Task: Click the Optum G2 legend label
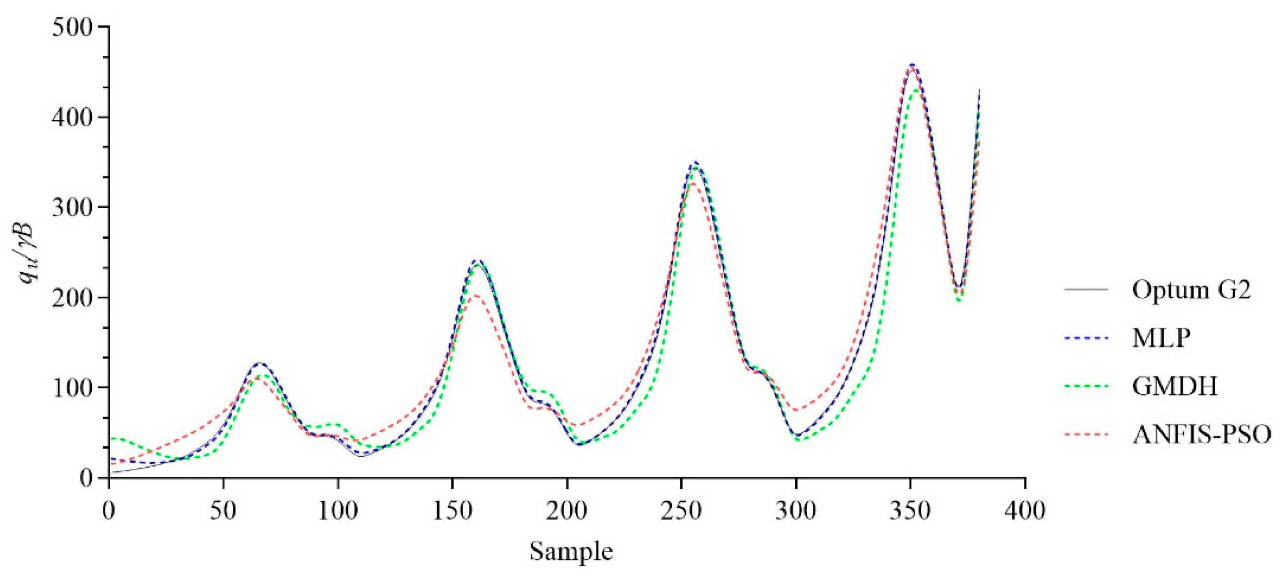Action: [x=1191, y=290]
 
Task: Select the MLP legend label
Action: [x=1161, y=339]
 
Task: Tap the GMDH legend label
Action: [x=1175, y=386]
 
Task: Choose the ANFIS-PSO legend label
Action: [x=1202, y=434]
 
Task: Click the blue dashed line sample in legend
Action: [x=1086, y=339]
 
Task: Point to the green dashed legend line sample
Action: [x=1086, y=386]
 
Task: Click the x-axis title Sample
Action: [x=571, y=552]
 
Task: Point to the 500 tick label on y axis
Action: [x=73, y=27]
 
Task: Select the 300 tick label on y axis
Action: [x=73, y=207]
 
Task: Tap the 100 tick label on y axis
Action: [x=73, y=387]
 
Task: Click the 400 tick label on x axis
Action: [x=1025, y=511]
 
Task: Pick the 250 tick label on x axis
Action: [x=681, y=511]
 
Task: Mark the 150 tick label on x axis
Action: [x=452, y=511]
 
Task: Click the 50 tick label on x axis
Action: [x=223, y=511]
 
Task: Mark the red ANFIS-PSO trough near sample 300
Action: [x=797, y=410]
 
